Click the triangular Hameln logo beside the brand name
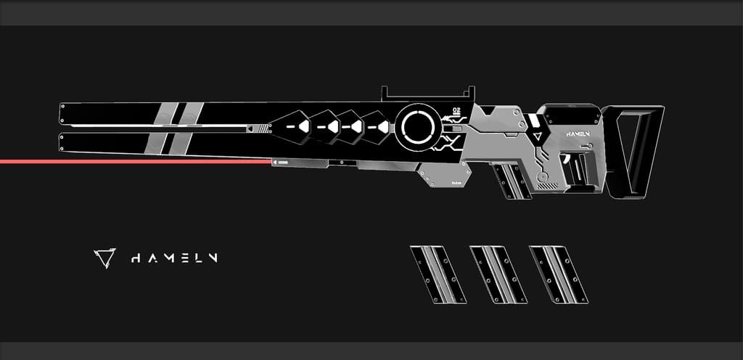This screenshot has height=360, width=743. click(x=104, y=258)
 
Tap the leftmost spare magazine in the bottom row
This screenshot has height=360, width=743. click(x=438, y=274)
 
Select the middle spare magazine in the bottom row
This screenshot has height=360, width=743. click(x=498, y=274)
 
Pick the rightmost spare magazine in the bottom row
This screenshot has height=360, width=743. click(x=557, y=274)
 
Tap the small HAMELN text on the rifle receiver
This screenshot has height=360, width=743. click(x=578, y=134)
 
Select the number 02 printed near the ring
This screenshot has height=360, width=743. click(x=456, y=110)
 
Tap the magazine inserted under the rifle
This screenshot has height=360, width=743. click(x=512, y=181)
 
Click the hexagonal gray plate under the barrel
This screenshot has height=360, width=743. click(x=444, y=174)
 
